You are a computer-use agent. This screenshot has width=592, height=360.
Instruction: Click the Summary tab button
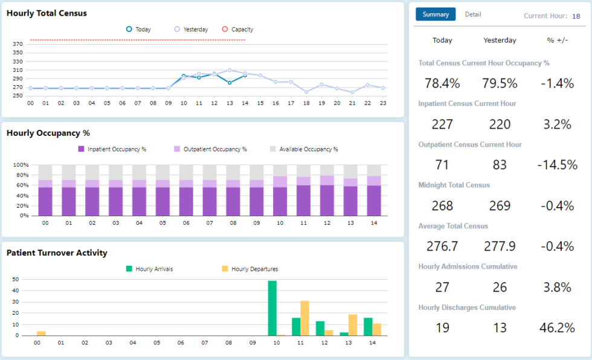[x=436, y=14]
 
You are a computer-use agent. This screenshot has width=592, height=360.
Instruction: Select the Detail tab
[x=473, y=14]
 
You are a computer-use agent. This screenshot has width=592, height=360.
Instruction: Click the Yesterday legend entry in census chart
[x=191, y=29]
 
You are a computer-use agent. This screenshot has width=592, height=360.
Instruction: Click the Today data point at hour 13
[x=230, y=83]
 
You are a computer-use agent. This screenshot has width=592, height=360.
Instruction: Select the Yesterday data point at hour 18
[x=306, y=92]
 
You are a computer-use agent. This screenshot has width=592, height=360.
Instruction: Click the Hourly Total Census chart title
[x=47, y=13]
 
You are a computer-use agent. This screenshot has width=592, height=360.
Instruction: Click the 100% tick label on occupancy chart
[x=21, y=165]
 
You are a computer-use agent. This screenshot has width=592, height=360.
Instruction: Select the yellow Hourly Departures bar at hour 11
[x=305, y=318]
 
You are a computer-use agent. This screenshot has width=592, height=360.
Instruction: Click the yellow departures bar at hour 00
[x=41, y=333]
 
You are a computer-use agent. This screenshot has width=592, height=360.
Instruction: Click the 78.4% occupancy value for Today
[x=442, y=83]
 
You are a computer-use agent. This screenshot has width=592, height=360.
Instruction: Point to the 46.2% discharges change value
[x=556, y=328]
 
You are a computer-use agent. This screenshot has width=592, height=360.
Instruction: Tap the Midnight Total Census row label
[x=454, y=185]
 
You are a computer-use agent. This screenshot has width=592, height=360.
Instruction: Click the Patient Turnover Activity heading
[x=57, y=253]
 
